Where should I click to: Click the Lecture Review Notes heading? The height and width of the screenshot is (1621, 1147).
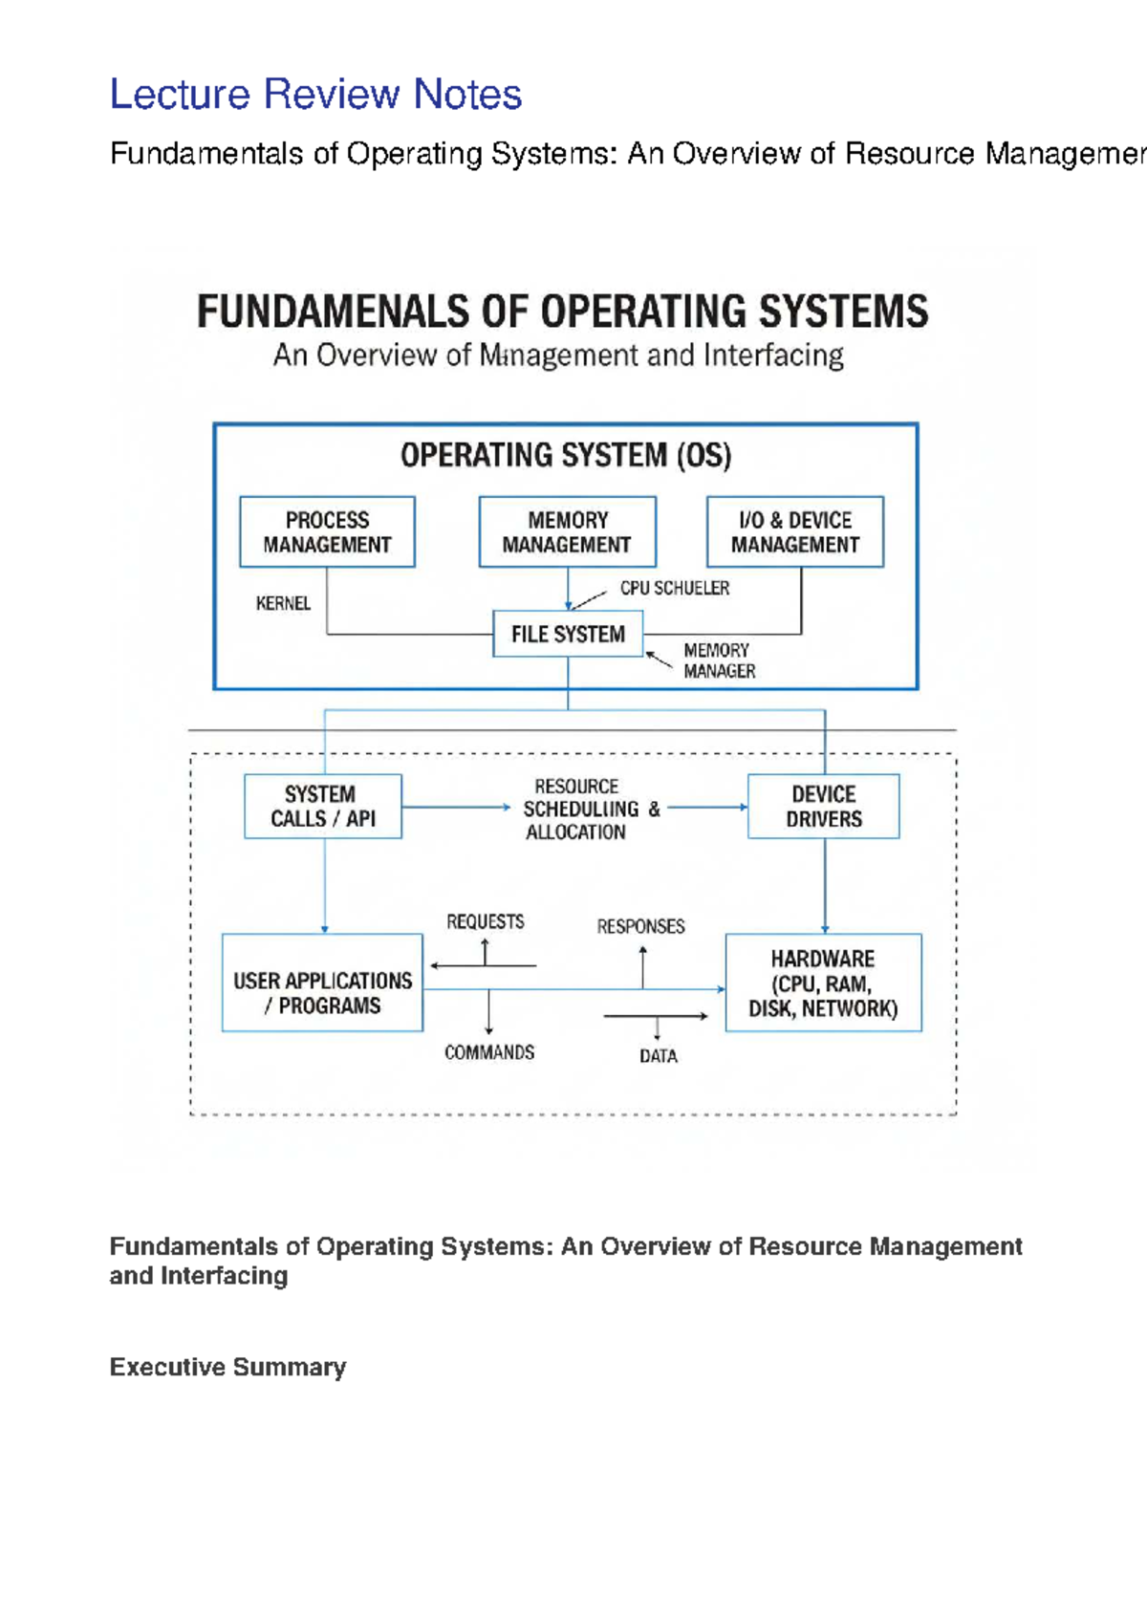pos(315,94)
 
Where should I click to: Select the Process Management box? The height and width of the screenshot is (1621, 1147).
pos(327,531)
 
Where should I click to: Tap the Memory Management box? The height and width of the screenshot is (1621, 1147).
pos(568,531)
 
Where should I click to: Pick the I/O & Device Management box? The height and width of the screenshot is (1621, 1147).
pos(795,531)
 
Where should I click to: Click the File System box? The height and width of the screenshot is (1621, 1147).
pos(568,634)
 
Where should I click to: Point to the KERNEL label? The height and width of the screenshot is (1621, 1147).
pos(283,603)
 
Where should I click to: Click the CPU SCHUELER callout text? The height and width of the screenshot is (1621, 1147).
pos(675,589)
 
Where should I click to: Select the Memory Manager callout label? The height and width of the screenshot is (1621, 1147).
pos(720,660)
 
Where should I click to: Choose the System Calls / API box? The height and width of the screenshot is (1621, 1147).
pos(323,806)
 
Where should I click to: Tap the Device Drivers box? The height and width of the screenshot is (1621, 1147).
pos(824,806)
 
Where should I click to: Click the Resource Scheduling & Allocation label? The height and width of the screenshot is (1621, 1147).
pos(592,809)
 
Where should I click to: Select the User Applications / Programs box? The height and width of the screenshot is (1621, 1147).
pos(323,982)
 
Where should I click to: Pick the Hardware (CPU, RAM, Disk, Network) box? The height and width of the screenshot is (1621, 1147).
pos(824,982)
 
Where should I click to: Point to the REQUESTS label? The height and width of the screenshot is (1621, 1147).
pos(485,922)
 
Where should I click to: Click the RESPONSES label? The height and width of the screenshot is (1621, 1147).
pos(640,926)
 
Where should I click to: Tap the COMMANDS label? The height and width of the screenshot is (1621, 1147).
pos(489,1052)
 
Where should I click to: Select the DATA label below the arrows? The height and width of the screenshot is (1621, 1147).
pos(659,1056)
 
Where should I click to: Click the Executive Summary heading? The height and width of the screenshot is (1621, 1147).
pos(227,1367)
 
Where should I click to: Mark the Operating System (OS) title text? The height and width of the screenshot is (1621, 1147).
pos(566,456)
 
